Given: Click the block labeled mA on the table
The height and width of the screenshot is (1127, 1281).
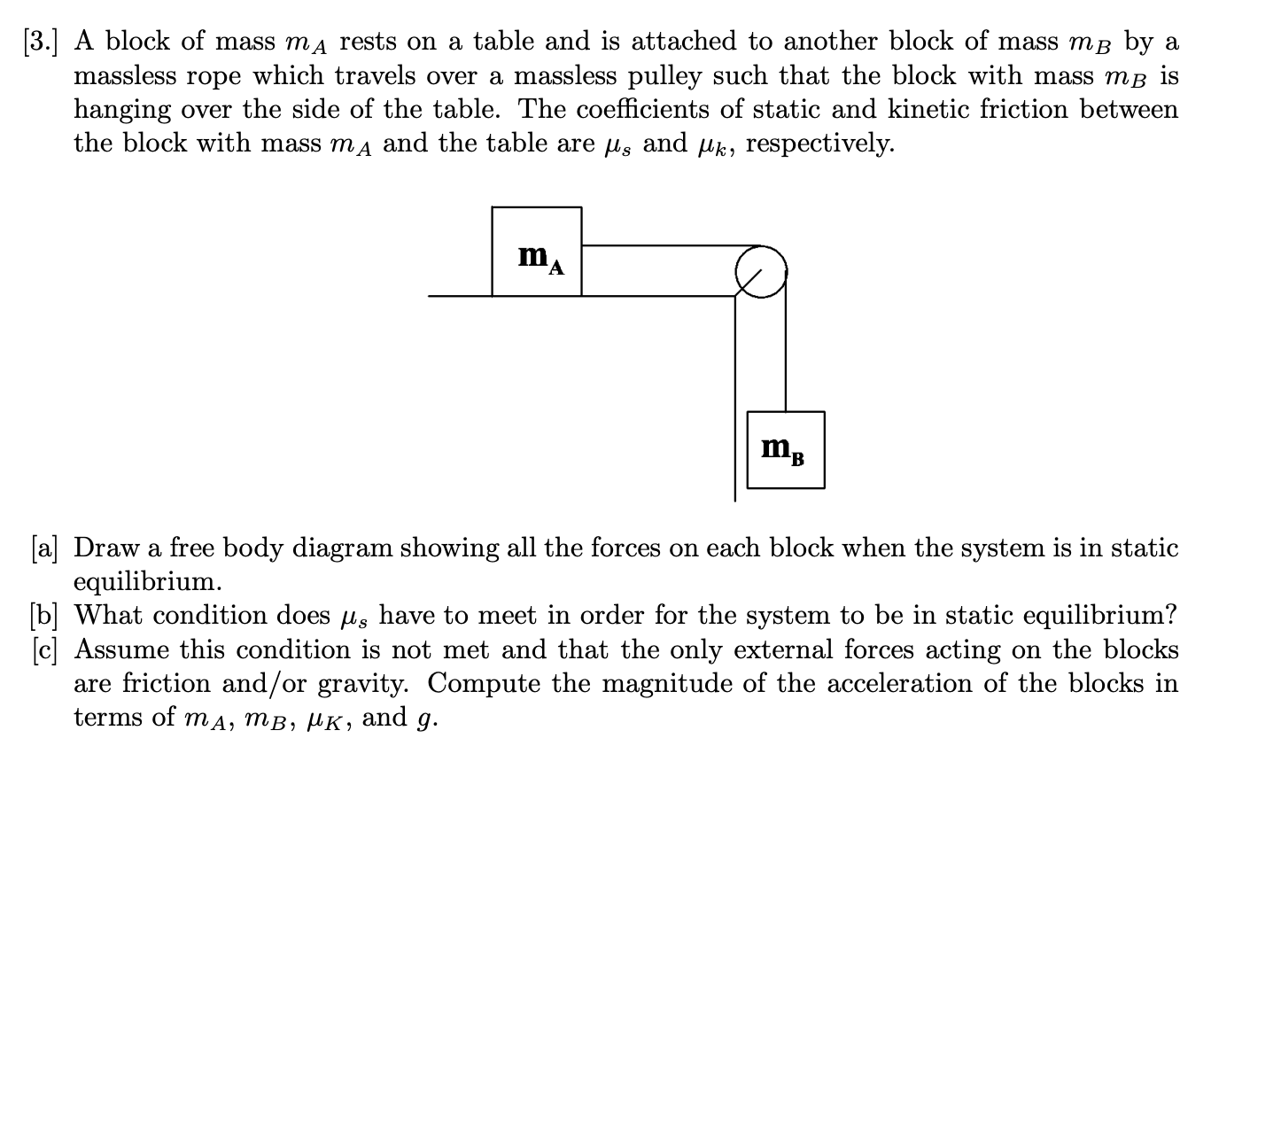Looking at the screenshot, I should coord(537,252).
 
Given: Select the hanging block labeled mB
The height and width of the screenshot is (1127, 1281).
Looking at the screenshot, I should coord(785,450).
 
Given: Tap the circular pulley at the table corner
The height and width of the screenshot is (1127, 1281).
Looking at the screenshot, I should coord(760,271).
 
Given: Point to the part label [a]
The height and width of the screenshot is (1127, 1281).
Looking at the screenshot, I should coord(42,548).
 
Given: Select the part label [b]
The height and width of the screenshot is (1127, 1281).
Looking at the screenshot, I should coord(43,615).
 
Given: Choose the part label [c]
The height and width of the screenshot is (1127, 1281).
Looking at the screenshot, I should coord(42,649).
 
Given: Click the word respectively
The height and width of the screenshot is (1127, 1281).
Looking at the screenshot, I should coord(819,143).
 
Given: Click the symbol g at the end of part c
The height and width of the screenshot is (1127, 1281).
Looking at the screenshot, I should coord(426,719).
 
